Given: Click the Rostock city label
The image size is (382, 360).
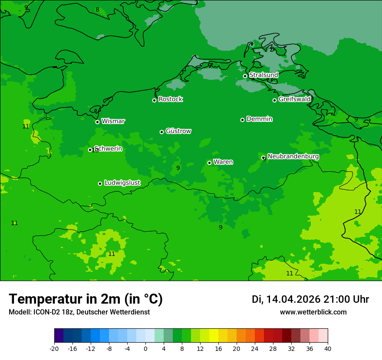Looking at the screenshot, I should click(170, 99).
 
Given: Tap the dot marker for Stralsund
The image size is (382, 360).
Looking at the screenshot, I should click(245, 76).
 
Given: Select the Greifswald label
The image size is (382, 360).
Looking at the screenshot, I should click(294, 99).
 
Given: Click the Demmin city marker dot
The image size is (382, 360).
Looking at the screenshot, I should click(242, 120).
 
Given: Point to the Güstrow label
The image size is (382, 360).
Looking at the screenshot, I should click(178, 131).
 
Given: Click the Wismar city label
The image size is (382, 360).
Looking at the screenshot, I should click(113, 121).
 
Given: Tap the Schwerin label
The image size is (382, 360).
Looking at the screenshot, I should click(109, 149).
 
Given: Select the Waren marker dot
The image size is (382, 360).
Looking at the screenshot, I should click(209, 163).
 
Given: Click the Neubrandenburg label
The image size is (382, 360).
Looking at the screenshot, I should click(293, 156).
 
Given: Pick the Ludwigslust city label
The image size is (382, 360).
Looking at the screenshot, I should click(122, 183).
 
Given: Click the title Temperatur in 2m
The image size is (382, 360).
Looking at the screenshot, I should click(86, 299).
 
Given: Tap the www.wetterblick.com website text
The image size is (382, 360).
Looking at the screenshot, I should click(313, 312).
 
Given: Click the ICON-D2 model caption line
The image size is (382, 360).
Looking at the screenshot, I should click(79, 312).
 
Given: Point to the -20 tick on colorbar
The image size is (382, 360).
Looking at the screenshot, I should click(54, 348).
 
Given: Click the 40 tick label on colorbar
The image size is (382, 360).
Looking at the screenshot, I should click(328, 348).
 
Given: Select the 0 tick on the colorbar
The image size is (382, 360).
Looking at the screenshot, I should click(145, 348).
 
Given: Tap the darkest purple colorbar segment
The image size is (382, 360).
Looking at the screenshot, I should click(59, 336).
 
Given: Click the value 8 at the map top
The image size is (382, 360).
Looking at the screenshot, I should click(97, 10).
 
